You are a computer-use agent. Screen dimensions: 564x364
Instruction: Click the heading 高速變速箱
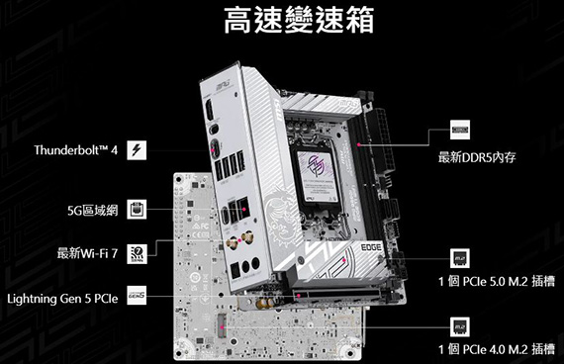coord(299,20)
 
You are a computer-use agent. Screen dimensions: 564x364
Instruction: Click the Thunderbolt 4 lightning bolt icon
coord(137,150)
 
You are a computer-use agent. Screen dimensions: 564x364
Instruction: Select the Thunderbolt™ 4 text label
coord(76,150)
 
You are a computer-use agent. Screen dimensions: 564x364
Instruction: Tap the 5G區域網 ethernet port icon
coord(137,210)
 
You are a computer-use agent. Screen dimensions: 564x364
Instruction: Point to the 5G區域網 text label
coord(92,211)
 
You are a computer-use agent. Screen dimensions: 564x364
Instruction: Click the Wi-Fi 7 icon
coord(137,254)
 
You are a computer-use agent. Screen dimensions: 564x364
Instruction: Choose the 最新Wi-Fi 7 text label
coord(87,253)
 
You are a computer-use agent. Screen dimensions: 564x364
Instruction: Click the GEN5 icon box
coord(137,296)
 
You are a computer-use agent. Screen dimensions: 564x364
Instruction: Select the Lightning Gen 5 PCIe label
coord(62,299)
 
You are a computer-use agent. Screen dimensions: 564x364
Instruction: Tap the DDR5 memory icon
coord(460,130)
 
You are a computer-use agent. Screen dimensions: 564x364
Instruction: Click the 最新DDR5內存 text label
coord(477,157)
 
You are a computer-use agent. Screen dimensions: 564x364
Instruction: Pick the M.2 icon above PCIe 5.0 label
coord(460,258)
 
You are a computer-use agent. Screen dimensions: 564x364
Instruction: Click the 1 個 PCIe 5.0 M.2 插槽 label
coord(497,281)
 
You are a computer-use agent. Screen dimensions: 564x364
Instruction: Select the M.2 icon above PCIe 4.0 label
coord(460,326)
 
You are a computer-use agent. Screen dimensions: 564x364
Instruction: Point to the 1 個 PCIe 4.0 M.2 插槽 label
coord(497,349)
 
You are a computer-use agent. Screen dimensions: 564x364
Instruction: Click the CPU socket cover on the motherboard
coord(318,176)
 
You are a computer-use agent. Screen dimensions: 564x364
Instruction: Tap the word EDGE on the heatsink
coord(371,247)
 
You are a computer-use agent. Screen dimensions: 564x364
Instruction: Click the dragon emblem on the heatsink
coord(283,214)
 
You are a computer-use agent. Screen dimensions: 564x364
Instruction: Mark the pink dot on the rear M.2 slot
coord(223,327)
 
